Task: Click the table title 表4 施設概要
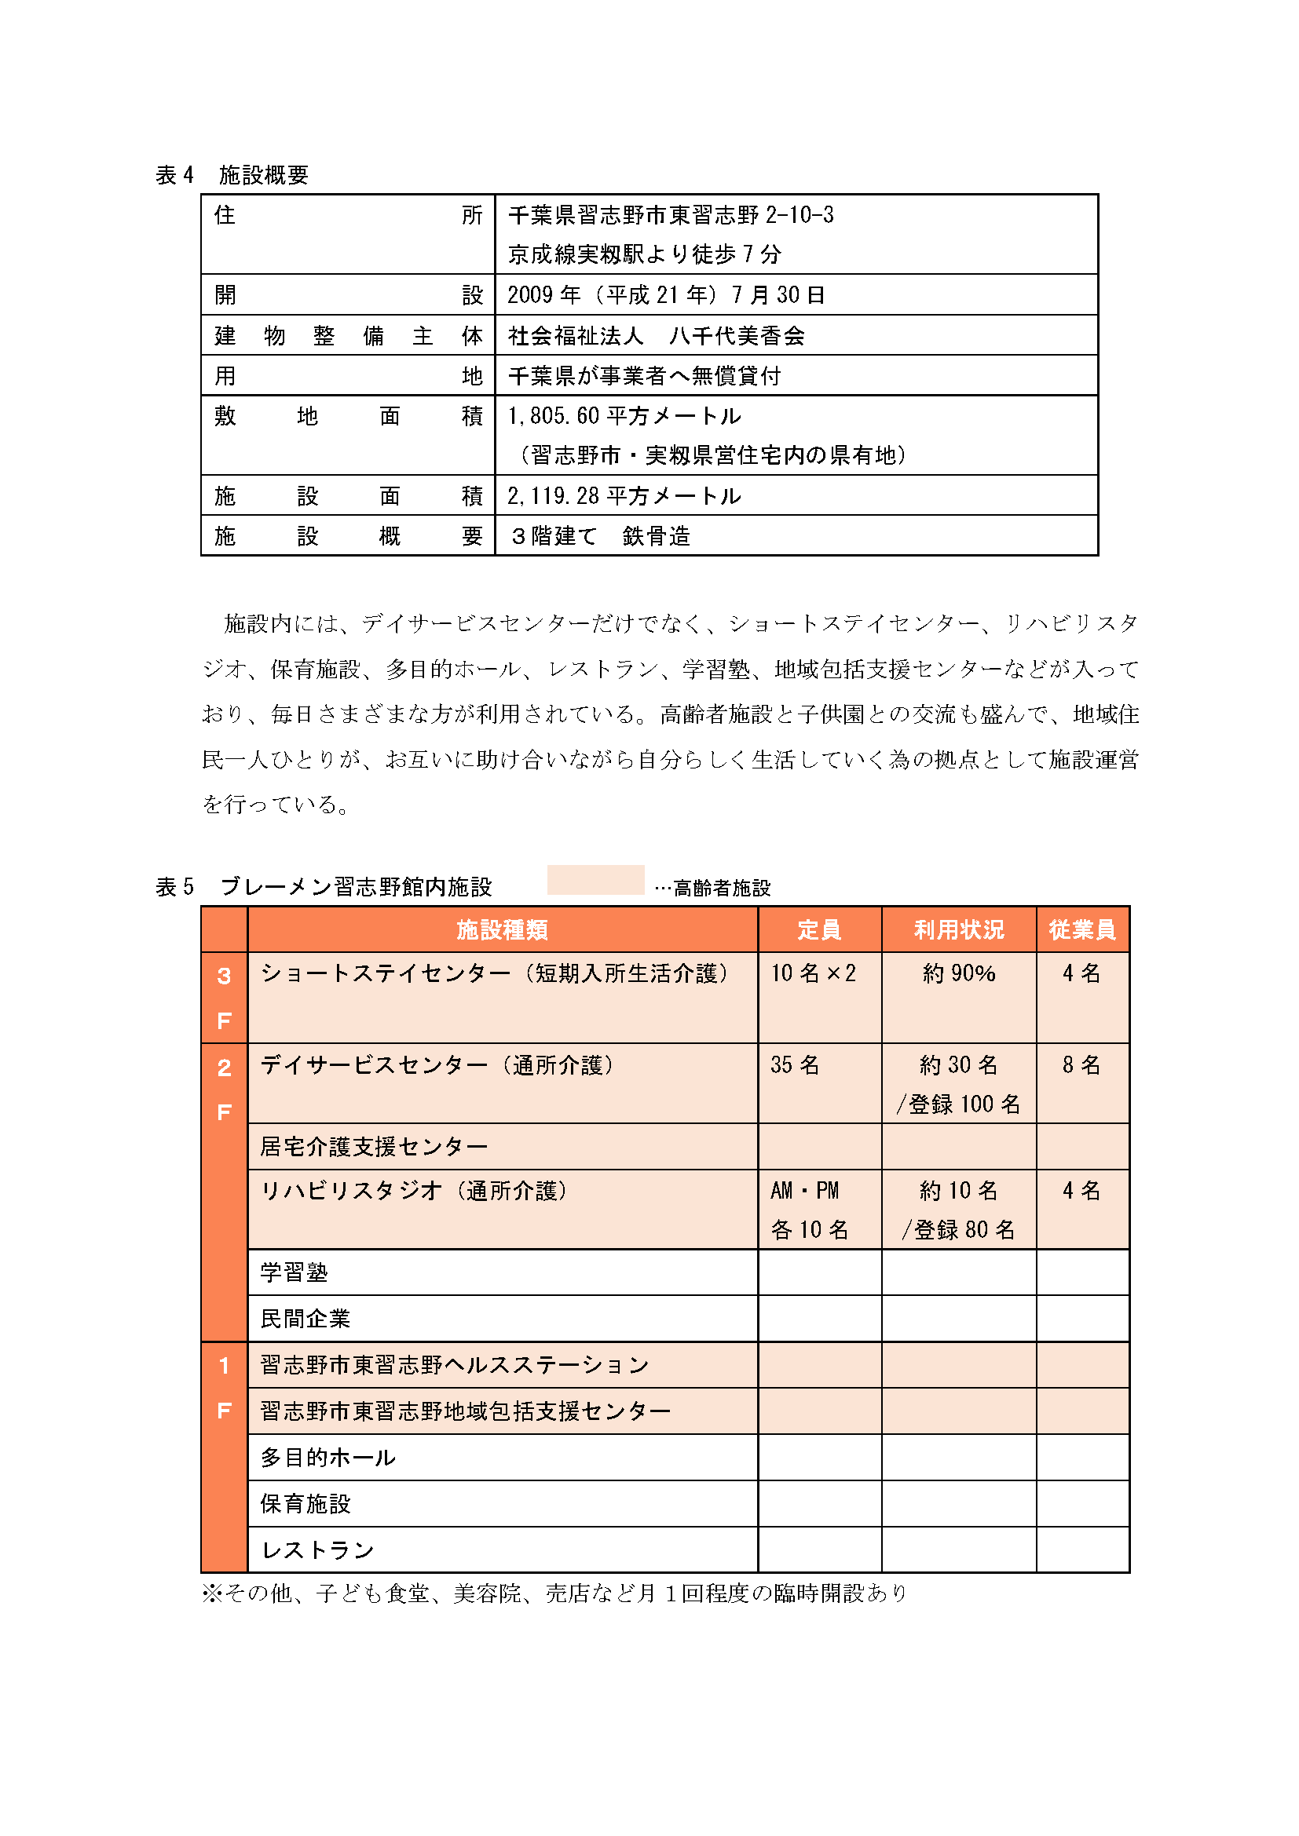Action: coord(232,174)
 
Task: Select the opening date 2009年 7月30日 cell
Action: coord(665,295)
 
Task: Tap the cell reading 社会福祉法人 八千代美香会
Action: coord(656,336)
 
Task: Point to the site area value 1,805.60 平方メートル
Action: coord(624,416)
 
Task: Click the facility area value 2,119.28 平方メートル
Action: coord(624,496)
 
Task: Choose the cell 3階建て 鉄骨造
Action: coord(600,536)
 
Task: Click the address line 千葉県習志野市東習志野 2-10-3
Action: coord(670,215)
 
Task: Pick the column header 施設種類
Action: coord(502,929)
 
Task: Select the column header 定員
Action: coord(818,929)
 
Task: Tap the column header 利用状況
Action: coord(958,929)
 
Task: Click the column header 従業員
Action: coord(1081,929)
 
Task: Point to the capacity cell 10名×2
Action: coord(813,973)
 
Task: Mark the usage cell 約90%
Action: coord(958,973)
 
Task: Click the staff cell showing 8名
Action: coord(1081,1065)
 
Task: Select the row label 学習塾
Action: coord(295,1272)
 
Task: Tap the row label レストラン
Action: coord(317,1550)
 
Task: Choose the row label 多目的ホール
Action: coord(328,1458)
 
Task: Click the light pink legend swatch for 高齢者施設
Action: coord(595,880)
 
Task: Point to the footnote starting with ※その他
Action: coord(554,1593)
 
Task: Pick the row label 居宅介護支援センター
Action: coord(374,1147)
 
